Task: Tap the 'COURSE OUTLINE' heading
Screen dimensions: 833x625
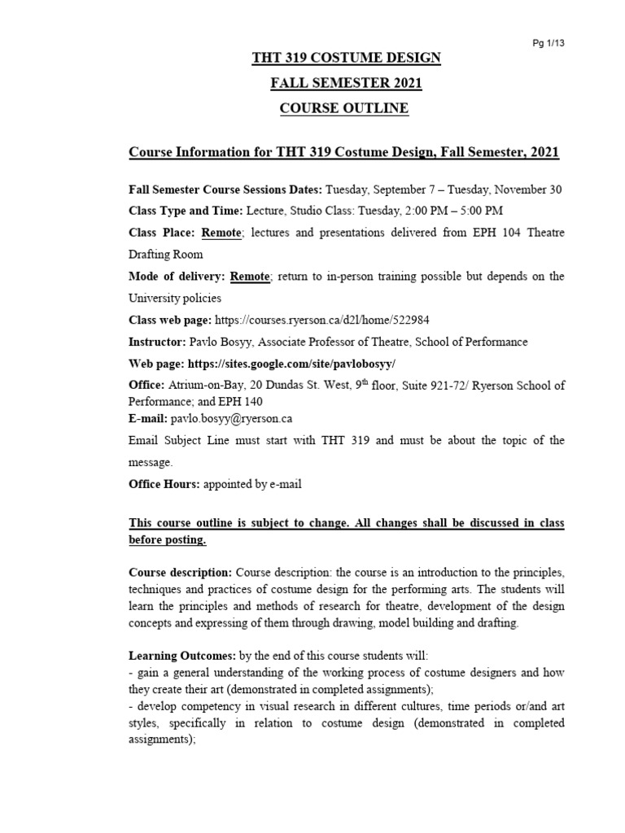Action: (346, 108)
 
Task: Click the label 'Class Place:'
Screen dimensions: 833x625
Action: (162, 233)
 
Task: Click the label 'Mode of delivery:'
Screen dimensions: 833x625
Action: (177, 277)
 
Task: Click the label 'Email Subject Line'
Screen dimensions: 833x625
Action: (181, 440)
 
